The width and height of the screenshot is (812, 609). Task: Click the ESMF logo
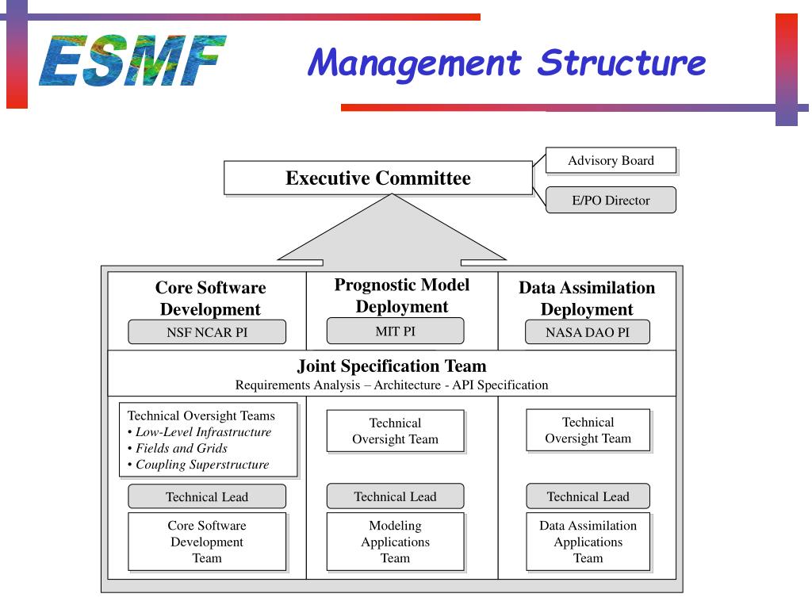(132, 60)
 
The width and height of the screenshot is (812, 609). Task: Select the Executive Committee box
(377, 178)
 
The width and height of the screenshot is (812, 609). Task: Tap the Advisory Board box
(611, 160)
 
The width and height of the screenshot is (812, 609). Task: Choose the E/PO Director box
(611, 200)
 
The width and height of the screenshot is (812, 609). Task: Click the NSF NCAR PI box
(207, 332)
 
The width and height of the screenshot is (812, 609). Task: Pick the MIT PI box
(395, 331)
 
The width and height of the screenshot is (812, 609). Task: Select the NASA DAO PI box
(587, 332)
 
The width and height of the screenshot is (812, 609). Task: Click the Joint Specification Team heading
(392, 366)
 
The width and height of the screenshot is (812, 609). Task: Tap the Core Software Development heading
(210, 298)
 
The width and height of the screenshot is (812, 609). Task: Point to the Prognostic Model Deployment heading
(401, 296)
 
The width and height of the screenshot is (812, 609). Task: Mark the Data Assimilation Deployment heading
(587, 298)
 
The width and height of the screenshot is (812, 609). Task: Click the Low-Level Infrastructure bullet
(203, 432)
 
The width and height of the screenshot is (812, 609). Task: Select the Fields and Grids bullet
(182, 448)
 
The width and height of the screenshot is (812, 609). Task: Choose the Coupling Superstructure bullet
(202, 465)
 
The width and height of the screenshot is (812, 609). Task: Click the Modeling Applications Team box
(395, 542)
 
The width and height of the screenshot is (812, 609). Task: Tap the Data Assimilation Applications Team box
(588, 542)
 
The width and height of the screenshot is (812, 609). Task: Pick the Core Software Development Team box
(207, 542)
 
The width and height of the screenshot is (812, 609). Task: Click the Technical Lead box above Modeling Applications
(395, 496)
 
